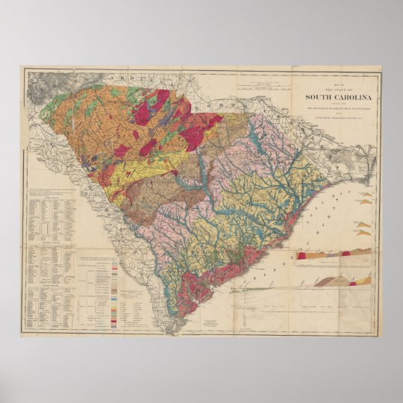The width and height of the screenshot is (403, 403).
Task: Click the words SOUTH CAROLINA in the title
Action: pyautogui.click(x=339, y=96)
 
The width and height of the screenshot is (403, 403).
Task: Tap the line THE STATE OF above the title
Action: pyautogui.click(x=339, y=87)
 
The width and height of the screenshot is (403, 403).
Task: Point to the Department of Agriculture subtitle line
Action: pyautogui.click(x=338, y=107)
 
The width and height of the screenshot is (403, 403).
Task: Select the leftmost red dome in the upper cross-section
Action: pyautogui.click(x=302, y=255)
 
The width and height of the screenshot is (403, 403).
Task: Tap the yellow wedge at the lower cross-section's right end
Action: pyautogui.click(x=366, y=280)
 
